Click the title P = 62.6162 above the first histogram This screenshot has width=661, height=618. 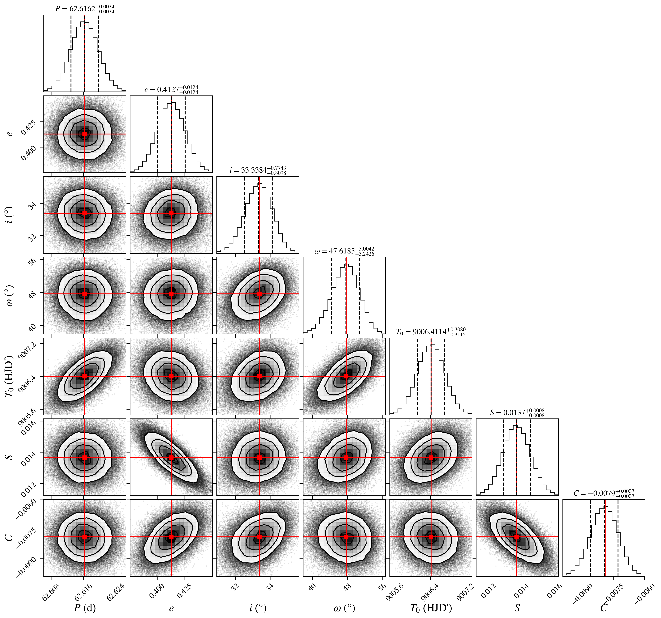pyautogui.click(x=85, y=9)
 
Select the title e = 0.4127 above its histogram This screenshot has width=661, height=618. pyautogui.click(x=171, y=90)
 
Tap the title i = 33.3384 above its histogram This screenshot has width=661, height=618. pyautogui.click(x=258, y=170)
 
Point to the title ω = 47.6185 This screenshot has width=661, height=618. pyautogui.click(x=344, y=251)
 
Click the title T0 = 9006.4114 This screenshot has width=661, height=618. pyautogui.click(x=431, y=332)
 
